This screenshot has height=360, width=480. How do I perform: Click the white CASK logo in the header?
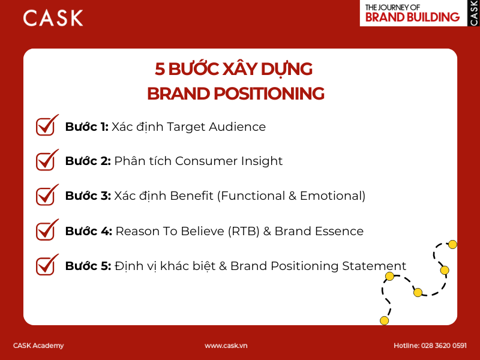point(53,18)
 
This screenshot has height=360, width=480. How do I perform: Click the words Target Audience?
point(216,127)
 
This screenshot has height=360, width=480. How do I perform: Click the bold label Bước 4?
point(89,231)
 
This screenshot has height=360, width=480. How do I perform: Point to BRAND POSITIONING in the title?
point(235,94)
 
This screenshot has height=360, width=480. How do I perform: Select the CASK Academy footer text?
point(38,346)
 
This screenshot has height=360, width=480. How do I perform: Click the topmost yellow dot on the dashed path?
point(452,244)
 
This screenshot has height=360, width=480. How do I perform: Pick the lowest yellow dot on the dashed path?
point(384,320)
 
